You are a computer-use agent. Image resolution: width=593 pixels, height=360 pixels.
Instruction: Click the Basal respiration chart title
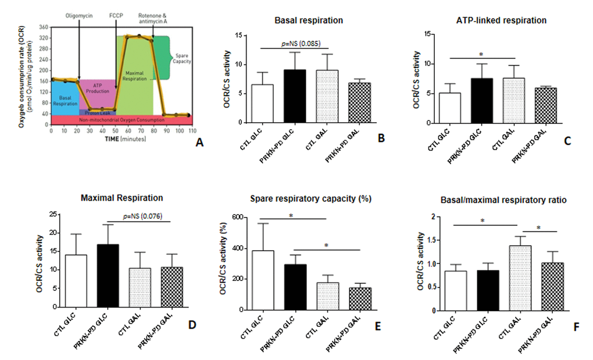[309, 20]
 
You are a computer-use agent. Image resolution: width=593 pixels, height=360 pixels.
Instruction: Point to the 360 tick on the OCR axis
[43, 27]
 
